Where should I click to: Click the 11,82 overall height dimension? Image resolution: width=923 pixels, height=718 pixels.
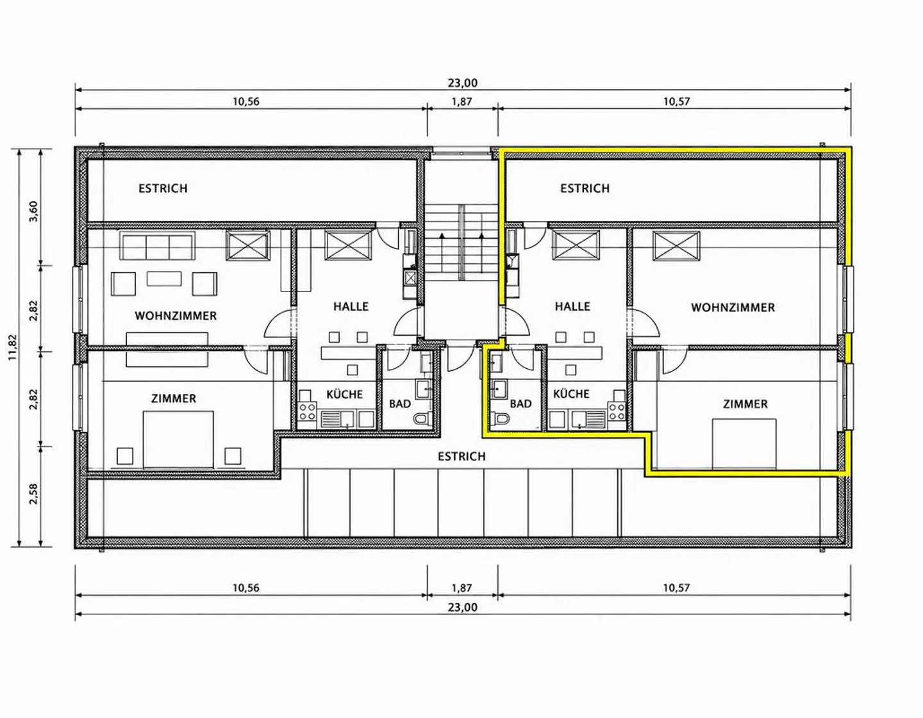(13, 347)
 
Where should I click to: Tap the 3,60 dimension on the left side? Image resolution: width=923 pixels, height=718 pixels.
(34, 211)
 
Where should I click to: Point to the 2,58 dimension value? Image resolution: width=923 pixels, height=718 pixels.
(34, 494)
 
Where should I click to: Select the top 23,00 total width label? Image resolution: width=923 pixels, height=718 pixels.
(463, 83)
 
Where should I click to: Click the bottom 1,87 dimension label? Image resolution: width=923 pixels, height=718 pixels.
(462, 588)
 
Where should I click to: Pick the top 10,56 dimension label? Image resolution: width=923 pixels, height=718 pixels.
(246, 101)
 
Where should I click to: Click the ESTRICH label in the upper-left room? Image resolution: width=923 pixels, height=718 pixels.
(163, 188)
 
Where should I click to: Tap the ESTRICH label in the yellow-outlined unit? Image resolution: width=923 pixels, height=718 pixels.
(585, 188)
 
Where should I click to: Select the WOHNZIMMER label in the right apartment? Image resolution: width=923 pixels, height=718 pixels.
(733, 307)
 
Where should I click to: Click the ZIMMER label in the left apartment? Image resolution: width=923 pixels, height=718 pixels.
(174, 398)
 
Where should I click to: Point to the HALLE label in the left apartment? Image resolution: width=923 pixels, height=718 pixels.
(351, 306)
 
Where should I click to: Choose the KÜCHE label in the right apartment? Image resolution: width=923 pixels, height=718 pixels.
(571, 394)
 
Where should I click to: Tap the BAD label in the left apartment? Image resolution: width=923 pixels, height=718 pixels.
(400, 404)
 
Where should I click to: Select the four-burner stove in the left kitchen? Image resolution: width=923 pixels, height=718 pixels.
(307, 411)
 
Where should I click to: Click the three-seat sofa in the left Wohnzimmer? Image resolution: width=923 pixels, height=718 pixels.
(158, 245)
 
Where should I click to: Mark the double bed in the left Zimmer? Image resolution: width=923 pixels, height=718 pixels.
(178, 439)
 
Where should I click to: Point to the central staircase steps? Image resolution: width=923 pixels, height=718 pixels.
(462, 242)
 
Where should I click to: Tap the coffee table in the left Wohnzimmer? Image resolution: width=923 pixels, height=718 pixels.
(164, 279)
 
